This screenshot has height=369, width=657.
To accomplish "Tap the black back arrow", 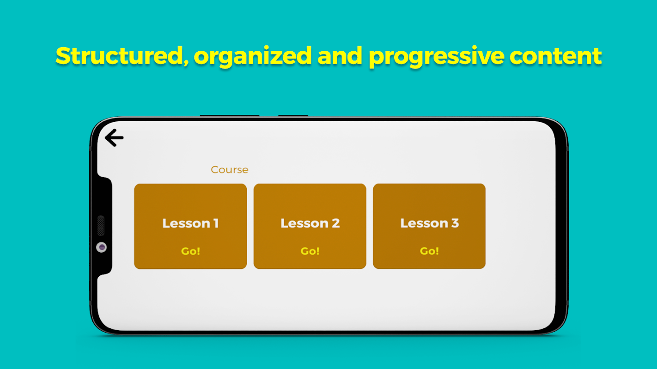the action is pos(114,137).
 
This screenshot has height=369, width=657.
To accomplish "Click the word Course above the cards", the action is pos(229,170).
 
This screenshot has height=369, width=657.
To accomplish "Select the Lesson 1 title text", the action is pos(190,223).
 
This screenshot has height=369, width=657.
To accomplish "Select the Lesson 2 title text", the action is pos(310,223).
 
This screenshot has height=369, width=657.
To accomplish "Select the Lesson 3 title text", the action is pos(429,223).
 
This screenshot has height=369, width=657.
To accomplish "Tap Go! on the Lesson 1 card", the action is pos(190,251).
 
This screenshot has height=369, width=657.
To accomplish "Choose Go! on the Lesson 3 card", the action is pos(429,250).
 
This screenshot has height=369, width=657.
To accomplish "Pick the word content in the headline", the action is pos(556,56).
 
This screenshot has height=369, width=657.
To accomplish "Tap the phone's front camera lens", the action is pos(102,247).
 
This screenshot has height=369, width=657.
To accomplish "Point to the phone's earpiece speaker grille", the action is pos(101,226).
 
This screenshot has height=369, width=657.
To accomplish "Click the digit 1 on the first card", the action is pos(216,223).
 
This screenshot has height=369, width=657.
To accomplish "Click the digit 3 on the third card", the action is pos(455,223).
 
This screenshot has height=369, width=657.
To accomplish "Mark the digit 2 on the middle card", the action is pos(336,223).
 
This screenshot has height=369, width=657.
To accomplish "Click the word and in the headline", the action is pos(340,56).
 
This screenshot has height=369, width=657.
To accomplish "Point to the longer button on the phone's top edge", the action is pos(230,116).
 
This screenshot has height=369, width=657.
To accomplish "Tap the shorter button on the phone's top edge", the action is pos(293,116).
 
